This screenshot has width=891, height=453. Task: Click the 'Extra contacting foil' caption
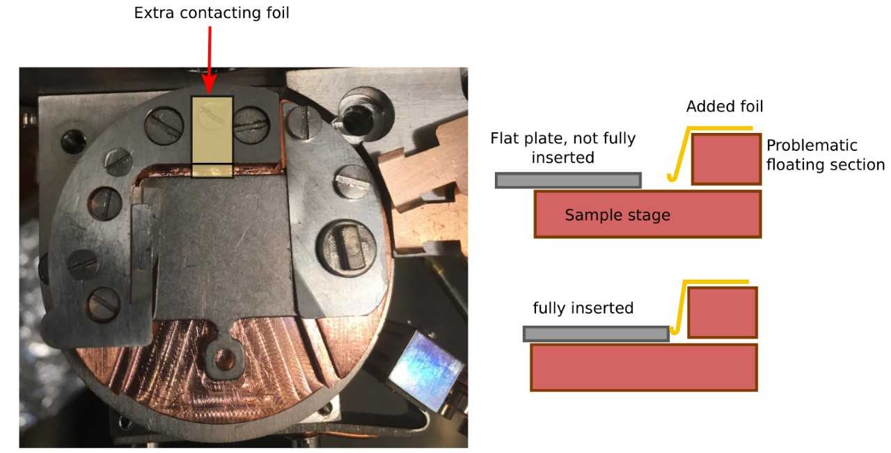point(212,13)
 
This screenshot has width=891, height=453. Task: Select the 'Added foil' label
point(724,106)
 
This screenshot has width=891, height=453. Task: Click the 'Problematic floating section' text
point(825,155)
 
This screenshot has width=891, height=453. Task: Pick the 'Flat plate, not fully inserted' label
point(562,148)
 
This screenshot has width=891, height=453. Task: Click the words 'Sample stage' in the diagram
point(617,215)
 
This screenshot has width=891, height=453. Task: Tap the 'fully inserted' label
point(583,308)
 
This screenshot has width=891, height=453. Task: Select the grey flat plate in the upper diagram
point(567,180)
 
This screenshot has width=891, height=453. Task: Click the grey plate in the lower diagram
point(595,333)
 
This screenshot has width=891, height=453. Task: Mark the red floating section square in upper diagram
point(726,159)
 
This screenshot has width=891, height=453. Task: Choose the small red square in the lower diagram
point(722,312)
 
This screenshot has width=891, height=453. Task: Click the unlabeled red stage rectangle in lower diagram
point(643,367)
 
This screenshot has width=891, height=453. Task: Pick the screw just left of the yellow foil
point(164,126)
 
